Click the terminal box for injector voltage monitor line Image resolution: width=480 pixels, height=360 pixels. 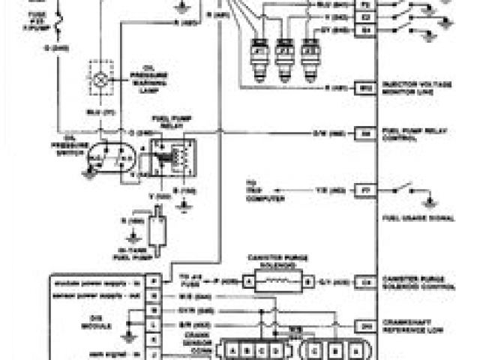tap(366, 88)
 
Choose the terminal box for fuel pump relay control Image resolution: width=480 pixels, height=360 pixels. tap(366, 133)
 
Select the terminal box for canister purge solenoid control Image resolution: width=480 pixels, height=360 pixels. tap(366, 283)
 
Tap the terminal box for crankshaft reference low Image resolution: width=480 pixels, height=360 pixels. tap(366, 325)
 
